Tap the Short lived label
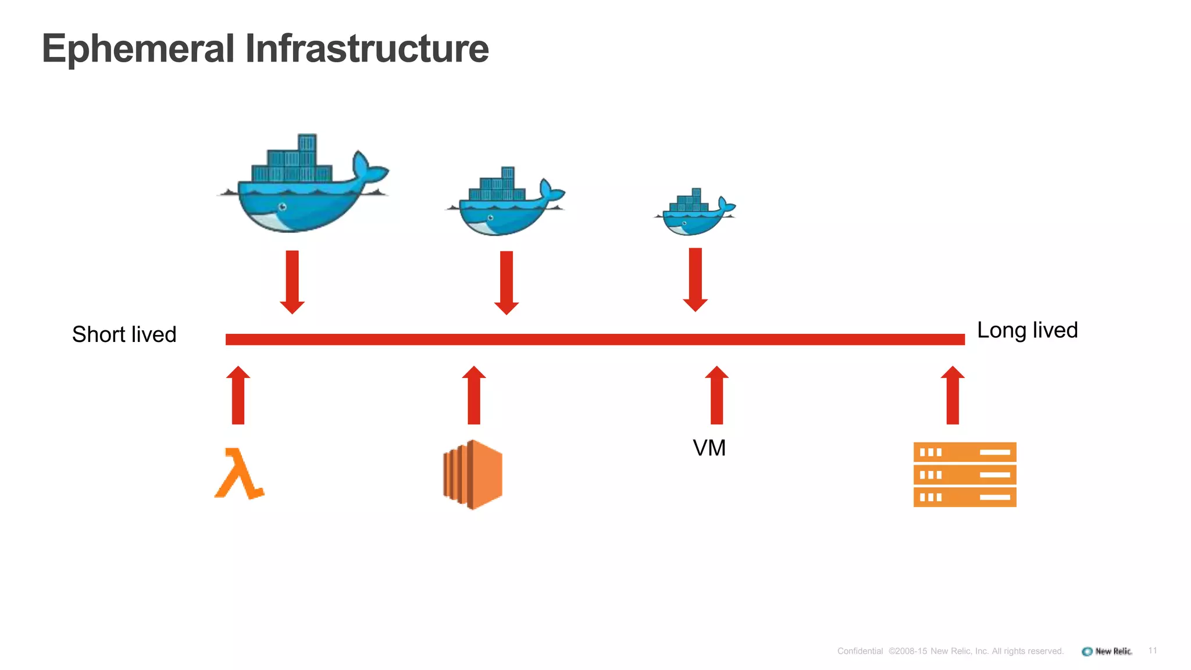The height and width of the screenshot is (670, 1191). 124,334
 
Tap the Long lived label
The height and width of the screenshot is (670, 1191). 1027,330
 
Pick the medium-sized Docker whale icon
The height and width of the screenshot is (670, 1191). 504,204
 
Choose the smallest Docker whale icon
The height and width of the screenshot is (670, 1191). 694,214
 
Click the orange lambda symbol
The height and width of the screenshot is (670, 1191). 239,473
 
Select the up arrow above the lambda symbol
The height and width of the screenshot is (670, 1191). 238,395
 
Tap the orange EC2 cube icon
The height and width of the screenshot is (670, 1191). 473,475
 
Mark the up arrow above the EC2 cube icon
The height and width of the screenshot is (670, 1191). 474,395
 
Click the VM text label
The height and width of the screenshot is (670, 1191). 709,448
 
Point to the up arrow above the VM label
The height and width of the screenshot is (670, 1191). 716,395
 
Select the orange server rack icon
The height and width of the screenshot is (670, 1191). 964,475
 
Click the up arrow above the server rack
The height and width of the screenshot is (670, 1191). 952,395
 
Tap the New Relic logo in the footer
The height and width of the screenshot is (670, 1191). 1107,651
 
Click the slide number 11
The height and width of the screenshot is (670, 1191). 1153,650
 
